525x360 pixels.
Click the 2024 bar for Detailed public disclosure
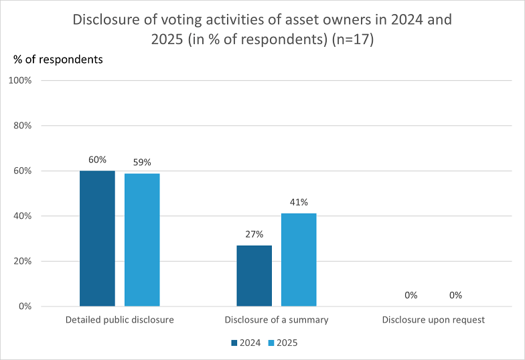98,238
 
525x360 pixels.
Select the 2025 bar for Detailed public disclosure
142,240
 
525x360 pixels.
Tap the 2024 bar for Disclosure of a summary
254,276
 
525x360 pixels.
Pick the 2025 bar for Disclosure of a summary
299,260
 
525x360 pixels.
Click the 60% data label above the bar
98,159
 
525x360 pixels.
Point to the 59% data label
142,162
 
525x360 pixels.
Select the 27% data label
254,234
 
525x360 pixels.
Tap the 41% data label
299,202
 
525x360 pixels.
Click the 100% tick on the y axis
20,80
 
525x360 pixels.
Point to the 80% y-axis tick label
23,126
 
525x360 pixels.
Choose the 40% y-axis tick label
23,215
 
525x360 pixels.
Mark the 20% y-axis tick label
23,261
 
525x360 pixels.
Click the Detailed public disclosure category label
119,320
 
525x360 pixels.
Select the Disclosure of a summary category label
277,320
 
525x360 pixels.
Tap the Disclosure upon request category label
433,320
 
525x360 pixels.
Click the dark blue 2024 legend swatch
234,343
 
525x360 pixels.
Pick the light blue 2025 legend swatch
271,343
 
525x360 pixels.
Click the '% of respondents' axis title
58,60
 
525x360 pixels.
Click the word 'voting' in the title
181,20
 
